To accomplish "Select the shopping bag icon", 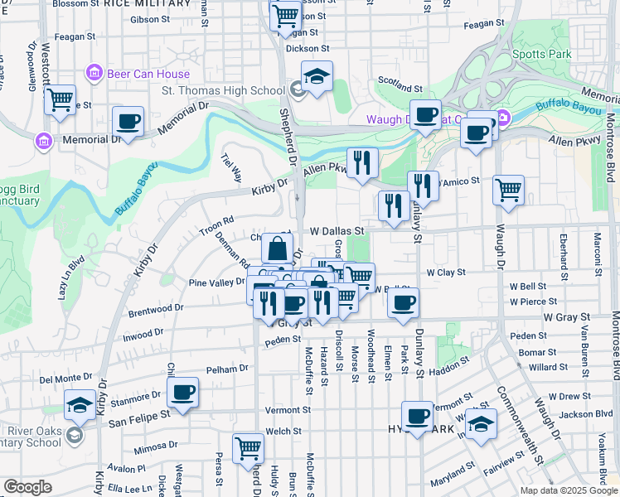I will pyautogui.click(x=277, y=248).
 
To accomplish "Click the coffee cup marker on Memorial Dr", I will pyautogui.click(x=128, y=122).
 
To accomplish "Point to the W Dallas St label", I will pyautogui.click(x=337, y=231).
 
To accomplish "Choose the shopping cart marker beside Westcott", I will pyautogui.click(x=60, y=100).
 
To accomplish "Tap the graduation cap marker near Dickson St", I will pyautogui.click(x=316, y=76).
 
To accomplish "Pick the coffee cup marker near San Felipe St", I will pyautogui.click(x=182, y=392).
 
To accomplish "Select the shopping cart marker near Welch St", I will pyautogui.click(x=248, y=448).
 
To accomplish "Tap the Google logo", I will pyautogui.click(x=27, y=487).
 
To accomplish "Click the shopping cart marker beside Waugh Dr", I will pyautogui.click(x=508, y=190).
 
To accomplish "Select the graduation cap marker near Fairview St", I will pyautogui.click(x=481, y=424).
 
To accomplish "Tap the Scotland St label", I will pyautogui.click(x=400, y=87).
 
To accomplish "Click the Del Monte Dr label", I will pyautogui.click(x=63, y=379).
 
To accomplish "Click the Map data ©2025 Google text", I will pyautogui.click(x=568, y=490).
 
